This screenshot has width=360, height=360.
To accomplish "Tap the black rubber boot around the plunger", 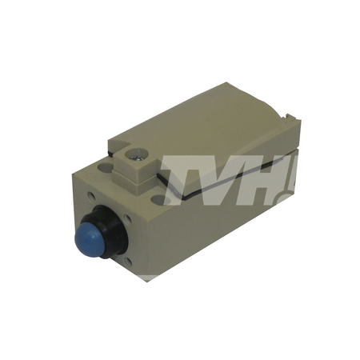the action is pyautogui.click(x=112, y=226).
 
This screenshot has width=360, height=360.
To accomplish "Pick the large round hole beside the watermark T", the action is pyautogui.click(x=159, y=199).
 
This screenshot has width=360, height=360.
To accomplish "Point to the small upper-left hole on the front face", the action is pyautogui.click(x=91, y=197).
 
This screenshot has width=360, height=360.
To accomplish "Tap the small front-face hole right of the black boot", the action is pyautogui.click(x=128, y=220).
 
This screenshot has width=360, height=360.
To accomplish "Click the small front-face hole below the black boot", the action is pyautogui.click(x=128, y=262).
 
